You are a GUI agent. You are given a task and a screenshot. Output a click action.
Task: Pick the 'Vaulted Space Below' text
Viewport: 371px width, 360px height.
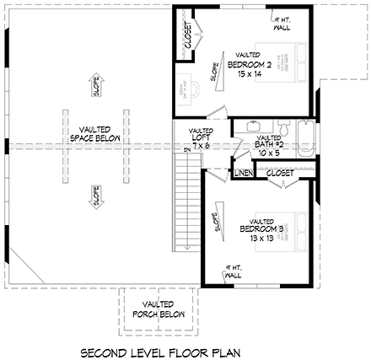coord(94,133)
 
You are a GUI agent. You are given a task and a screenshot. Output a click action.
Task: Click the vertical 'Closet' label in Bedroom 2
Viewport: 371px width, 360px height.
coord(188,35)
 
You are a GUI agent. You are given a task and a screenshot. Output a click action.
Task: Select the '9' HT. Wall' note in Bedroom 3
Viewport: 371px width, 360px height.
coord(230,271)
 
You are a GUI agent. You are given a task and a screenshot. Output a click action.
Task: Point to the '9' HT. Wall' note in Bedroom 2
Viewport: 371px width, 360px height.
coord(282,22)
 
